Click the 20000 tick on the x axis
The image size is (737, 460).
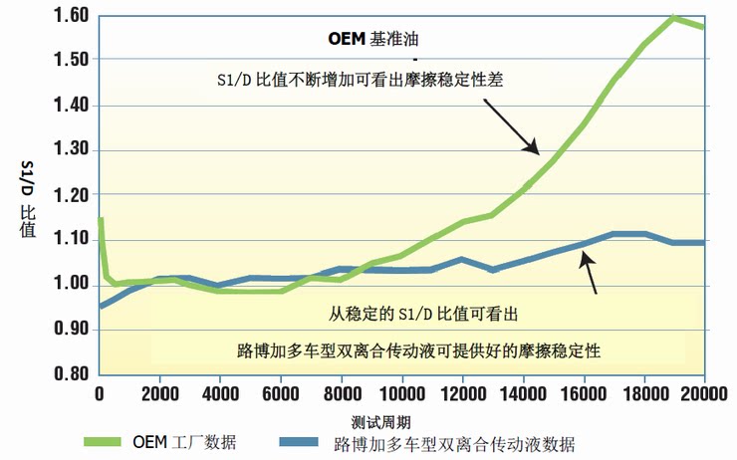pyautogui.click(x=704, y=394)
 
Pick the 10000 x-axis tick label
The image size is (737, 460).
pyautogui.click(x=401, y=394)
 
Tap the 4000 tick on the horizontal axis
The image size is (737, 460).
pyautogui.click(x=220, y=394)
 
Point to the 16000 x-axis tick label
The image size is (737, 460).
pyautogui.click(x=584, y=394)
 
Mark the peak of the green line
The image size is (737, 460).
pyautogui.click(x=674, y=18)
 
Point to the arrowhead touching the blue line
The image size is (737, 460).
pyautogui.click(x=586, y=256)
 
